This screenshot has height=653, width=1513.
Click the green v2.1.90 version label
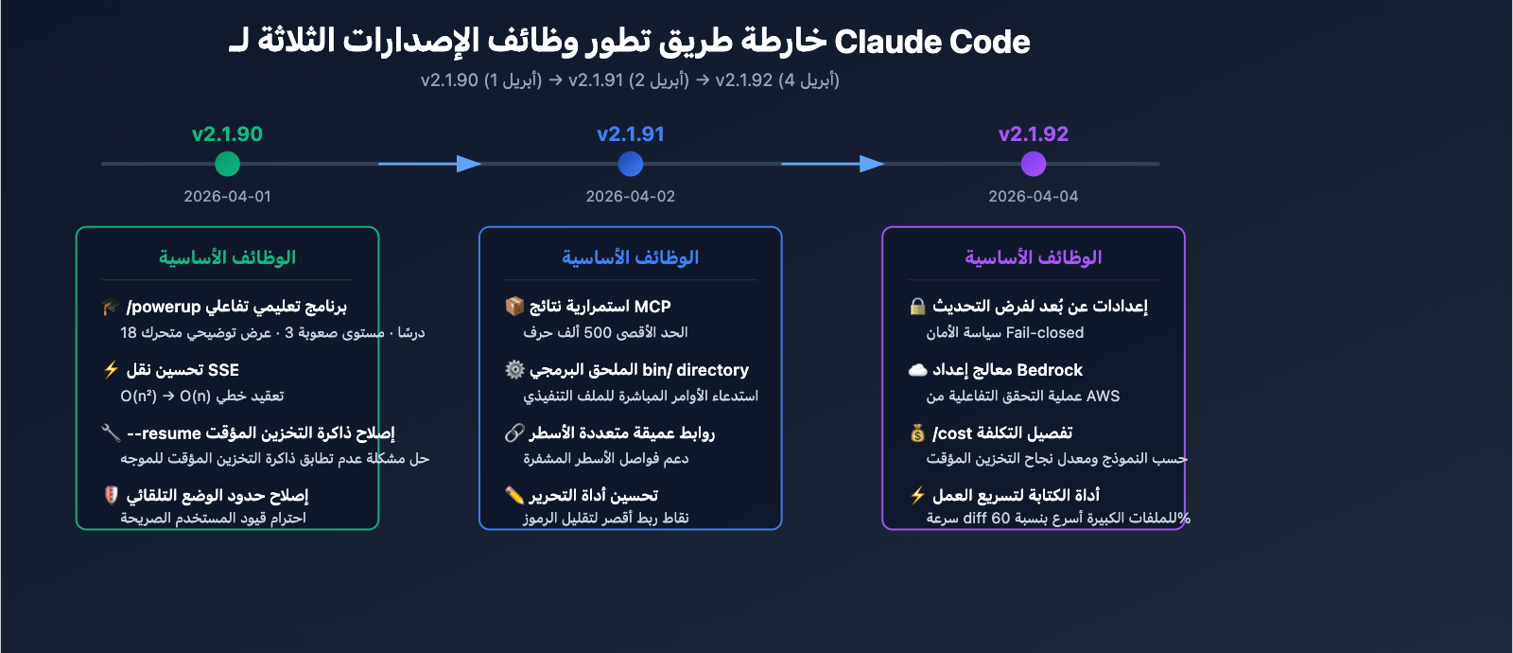(227, 134)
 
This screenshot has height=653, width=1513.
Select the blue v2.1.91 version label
(631, 134)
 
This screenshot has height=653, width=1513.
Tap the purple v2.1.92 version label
(1034, 134)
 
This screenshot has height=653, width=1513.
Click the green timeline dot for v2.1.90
(227, 164)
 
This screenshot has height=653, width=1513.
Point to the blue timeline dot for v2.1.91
(631, 164)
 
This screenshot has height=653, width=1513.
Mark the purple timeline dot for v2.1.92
(1034, 164)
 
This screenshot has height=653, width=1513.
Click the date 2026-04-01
(227, 197)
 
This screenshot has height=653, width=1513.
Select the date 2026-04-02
(631, 197)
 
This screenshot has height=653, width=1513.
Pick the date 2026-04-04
(1034, 197)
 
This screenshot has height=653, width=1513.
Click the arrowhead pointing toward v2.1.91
(469, 164)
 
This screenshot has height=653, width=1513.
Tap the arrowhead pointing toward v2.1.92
(872, 164)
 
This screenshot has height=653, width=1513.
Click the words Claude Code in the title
(932, 42)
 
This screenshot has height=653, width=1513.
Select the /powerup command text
(164, 307)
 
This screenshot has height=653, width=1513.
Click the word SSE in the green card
(223, 370)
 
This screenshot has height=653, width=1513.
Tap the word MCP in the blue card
(652, 307)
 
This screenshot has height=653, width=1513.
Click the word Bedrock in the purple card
(1050, 370)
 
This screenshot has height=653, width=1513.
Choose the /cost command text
(952, 433)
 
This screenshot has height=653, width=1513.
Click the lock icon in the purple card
(917, 307)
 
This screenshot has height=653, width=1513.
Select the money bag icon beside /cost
(917, 433)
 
